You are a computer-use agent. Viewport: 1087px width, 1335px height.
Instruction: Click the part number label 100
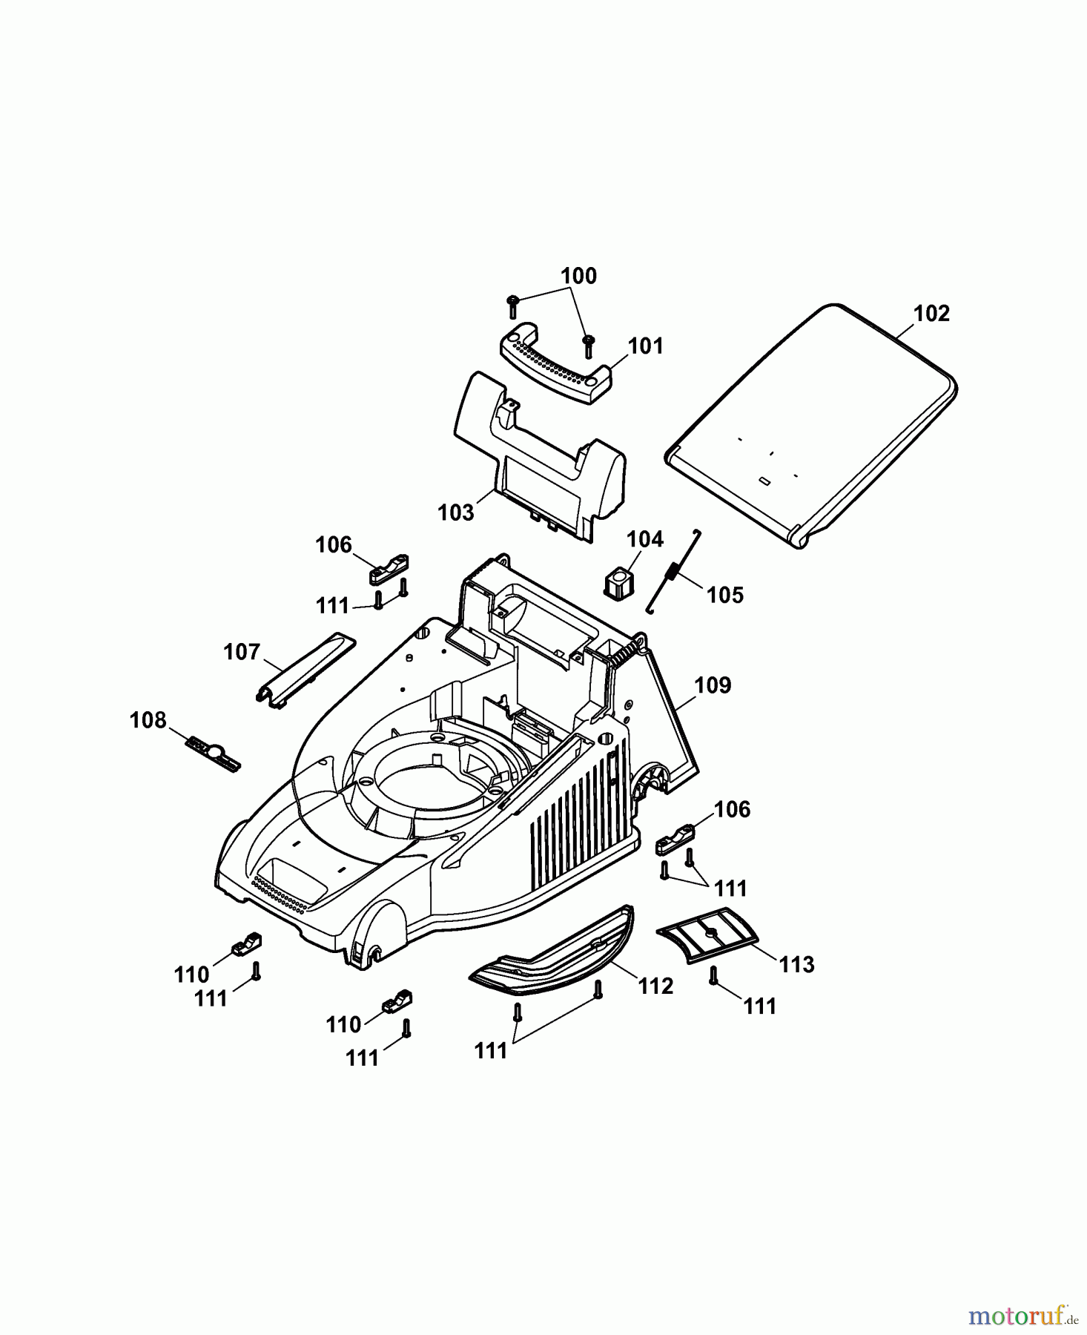578,276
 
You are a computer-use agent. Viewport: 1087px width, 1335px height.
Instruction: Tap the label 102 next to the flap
931,314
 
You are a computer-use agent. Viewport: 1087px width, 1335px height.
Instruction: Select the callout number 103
455,512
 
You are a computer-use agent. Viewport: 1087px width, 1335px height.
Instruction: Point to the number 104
645,539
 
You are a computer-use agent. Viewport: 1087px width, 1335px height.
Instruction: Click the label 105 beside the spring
724,595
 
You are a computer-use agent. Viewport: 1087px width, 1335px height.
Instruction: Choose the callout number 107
242,652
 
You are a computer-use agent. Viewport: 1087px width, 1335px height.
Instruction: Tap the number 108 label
148,719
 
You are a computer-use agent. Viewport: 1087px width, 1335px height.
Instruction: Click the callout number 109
713,685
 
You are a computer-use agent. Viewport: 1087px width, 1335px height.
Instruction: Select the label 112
655,986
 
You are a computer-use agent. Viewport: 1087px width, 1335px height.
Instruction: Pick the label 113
796,964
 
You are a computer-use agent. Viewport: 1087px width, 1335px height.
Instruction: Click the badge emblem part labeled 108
214,754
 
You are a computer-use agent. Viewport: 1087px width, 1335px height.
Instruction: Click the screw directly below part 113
713,976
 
